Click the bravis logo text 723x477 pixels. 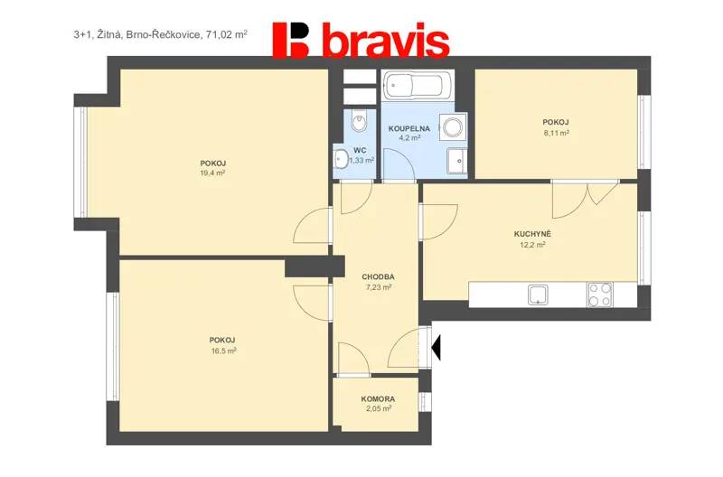(388, 42)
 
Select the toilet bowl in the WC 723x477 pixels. (358, 121)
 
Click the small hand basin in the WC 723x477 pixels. (341, 160)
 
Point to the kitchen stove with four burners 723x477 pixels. (600, 295)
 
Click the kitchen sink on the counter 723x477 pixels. (538, 295)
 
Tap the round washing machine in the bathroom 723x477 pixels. (453, 126)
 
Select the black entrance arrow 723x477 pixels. (437, 348)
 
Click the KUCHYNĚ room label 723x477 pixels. (532, 234)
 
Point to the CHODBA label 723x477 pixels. (378, 277)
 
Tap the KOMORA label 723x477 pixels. (378, 399)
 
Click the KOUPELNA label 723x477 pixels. (409, 128)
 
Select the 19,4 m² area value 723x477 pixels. (212, 173)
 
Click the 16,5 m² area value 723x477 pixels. (222, 351)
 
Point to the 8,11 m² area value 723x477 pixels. (556, 133)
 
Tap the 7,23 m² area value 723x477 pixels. (379, 287)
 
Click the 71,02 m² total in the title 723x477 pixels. (227, 34)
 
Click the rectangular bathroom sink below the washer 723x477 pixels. (457, 161)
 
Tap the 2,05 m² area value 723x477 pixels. (378, 408)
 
